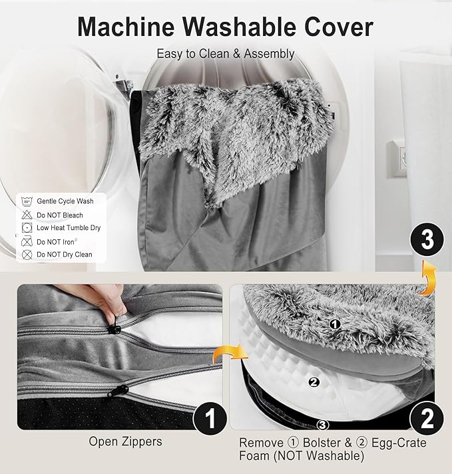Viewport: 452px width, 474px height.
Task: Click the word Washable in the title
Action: tap(241, 27)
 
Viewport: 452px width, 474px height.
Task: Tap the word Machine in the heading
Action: tap(126, 27)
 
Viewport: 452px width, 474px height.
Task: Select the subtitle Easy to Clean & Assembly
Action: tap(226, 54)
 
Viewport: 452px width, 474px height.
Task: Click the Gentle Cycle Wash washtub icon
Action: tap(27, 201)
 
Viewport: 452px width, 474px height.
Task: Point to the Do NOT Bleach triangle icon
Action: tap(27, 215)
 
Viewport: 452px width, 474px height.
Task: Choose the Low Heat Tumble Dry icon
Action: tap(27, 227)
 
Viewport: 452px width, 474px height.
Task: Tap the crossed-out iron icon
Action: tap(27, 241)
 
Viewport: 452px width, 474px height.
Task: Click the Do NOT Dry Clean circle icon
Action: tap(27, 255)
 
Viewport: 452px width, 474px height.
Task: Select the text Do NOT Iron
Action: tap(56, 242)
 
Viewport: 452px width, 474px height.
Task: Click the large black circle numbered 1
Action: tap(210, 418)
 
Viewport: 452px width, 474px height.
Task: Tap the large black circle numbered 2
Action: tap(427, 419)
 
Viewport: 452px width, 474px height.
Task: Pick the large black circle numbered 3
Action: tap(427, 240)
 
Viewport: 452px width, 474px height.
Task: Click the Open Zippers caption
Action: tap(125, 441)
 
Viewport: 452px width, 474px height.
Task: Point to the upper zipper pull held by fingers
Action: tap(114, 327)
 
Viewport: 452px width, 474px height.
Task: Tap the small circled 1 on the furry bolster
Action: tap(335, 324)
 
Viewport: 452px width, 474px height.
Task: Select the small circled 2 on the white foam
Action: tap(314, 382)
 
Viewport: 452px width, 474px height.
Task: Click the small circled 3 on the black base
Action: tap(323, 425)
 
